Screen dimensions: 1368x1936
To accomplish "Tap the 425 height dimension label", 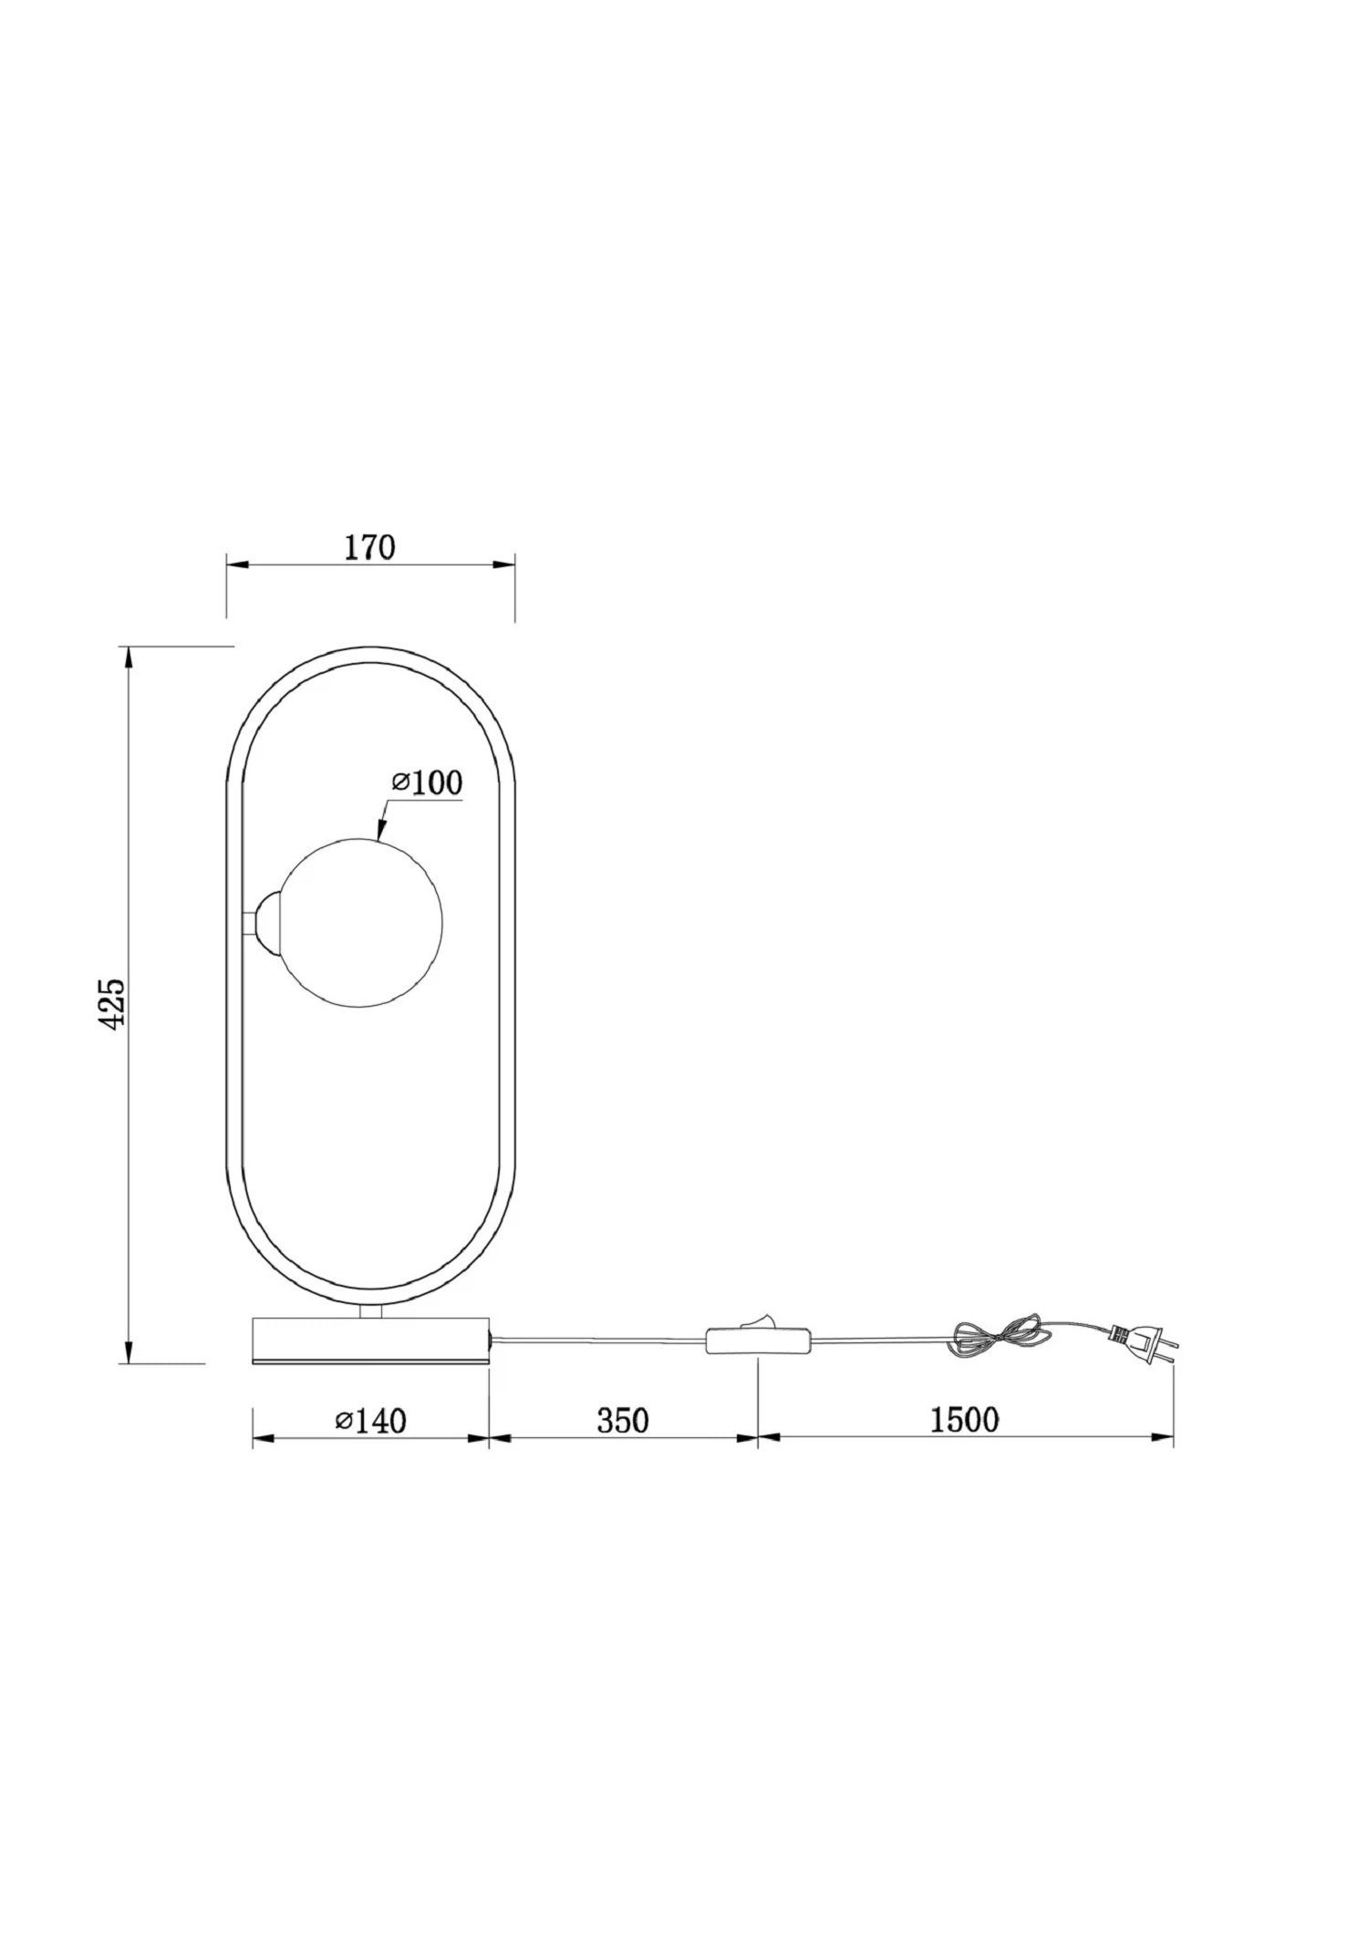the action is [x=112, y=1004].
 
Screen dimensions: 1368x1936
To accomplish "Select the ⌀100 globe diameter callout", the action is [x=427, y=782].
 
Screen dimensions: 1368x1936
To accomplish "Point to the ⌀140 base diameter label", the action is [x=370, y=1420].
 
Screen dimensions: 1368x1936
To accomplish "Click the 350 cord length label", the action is [x=623, y=1420].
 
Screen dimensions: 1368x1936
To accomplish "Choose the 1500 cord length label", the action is [x=965, y=1420].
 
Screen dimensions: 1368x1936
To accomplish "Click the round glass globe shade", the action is [x=361, y=924].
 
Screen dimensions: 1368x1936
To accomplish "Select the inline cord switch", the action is [x=757, y=1341].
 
